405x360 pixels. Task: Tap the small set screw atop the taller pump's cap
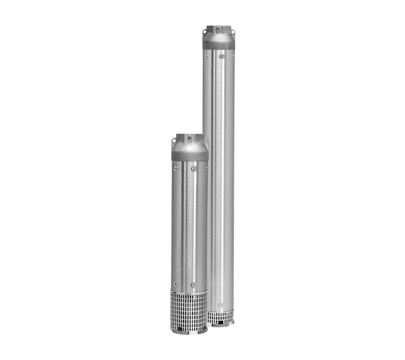tap(218, 28)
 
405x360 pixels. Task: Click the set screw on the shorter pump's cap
tap(189, 137)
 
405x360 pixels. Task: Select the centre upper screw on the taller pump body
tap(221, 56)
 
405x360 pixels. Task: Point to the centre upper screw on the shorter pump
tap(194, 169)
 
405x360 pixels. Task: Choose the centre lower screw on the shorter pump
tap(193, 285)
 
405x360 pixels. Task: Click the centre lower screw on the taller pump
tap(221, 305)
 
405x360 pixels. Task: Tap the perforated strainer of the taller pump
tap(220, 317)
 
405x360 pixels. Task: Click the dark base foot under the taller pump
tap(221, 324)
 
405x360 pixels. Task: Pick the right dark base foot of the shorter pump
tap(202, 331)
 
